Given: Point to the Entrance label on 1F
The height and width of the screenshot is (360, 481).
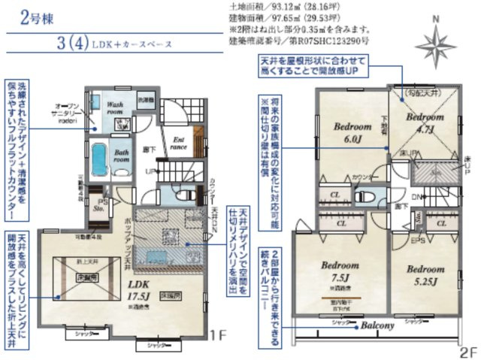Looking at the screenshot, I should [x=180, y=142].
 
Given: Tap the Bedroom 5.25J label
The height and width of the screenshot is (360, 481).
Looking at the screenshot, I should [x=421, y=273].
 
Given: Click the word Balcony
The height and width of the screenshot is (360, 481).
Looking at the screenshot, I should [x=377, y=326].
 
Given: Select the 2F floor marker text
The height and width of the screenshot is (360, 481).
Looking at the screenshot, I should [x=467, y=350].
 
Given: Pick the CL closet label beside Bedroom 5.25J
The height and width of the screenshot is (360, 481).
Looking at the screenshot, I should [x=443, y=223].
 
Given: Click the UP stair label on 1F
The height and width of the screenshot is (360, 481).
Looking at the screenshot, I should [x=152, y=172].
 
